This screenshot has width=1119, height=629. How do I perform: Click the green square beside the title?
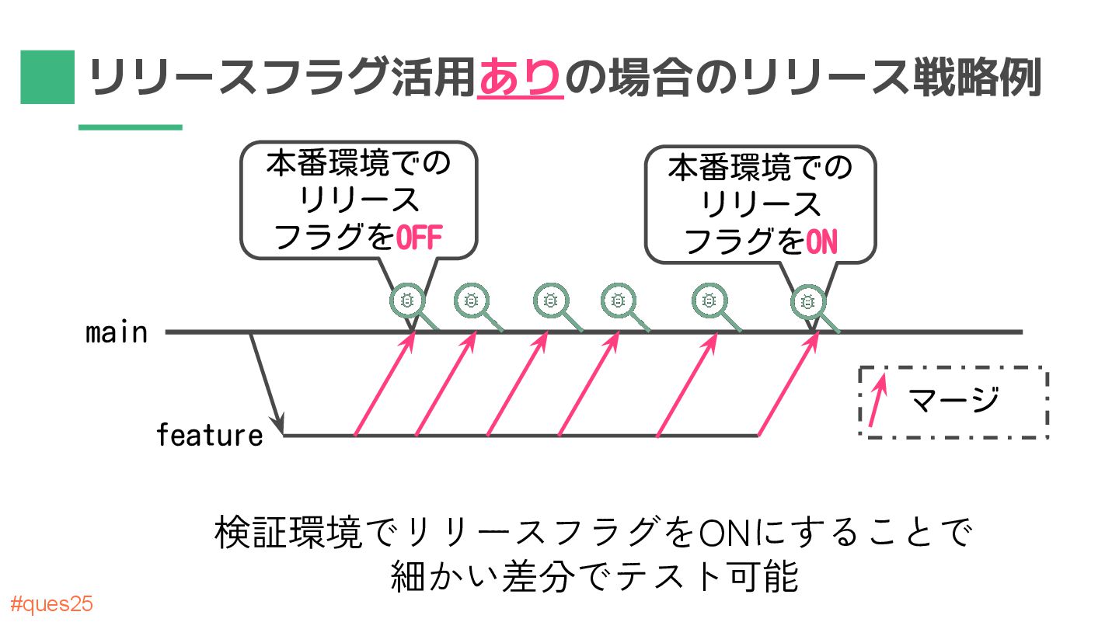tap(47, 77)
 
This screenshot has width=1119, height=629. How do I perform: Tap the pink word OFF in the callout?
tap(419, 238)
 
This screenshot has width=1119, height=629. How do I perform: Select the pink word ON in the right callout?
tap(821, 243)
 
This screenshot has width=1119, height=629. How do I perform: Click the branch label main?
tap(117, 332)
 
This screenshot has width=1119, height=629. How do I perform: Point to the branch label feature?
tap(210, 435)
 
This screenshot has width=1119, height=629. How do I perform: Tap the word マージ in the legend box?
tap(953, 401)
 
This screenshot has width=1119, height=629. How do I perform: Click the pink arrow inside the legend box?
tap(877, 402)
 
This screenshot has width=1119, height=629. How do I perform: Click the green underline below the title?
tap(130, 127)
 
